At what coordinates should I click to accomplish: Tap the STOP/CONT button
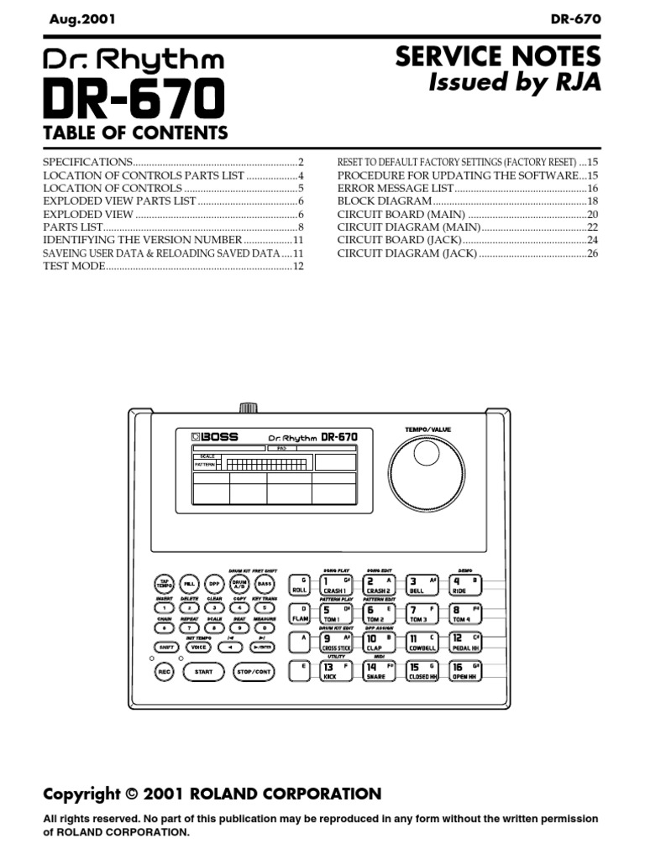click(254, 672)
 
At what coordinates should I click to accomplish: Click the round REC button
click(164, 672)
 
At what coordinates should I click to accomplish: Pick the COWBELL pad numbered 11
click(422, 643)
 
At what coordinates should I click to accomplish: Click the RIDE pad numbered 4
click(465, 584)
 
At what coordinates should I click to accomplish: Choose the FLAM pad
click(300, 613)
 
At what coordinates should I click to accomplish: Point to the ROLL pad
click(300, 584)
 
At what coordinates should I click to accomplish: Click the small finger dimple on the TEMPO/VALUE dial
click(427, 455)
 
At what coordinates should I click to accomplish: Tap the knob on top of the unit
click(248, 408)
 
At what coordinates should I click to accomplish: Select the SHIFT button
click(165, 647)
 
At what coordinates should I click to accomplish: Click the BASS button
click(264, 584)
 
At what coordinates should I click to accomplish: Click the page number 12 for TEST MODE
click(297, 266)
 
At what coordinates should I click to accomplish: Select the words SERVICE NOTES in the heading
click(498, 56)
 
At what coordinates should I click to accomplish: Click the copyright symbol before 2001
click(131, 794)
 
